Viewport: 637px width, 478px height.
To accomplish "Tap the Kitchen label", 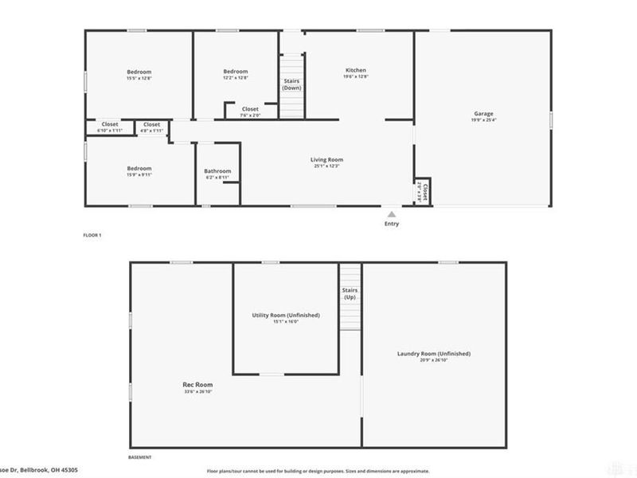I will coord(355,70).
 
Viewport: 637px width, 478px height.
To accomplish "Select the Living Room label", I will coord(326,160).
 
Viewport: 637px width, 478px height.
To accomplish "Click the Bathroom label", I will coord(217,170).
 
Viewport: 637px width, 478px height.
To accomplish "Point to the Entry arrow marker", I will coord(391,214).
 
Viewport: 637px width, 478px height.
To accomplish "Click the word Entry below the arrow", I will coord(391,224).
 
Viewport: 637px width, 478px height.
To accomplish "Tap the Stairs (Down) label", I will coord(291,84).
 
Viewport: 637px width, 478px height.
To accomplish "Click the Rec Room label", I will coord(198,385).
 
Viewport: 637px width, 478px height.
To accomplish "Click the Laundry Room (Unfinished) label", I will coord(434,354).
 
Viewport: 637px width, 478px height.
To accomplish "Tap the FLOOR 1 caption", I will coord(92,235).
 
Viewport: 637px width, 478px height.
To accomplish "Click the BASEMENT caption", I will coord(139,457).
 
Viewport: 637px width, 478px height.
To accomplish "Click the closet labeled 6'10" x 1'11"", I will coord(109,130).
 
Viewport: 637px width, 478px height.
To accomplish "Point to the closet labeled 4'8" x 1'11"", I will coord(151,130).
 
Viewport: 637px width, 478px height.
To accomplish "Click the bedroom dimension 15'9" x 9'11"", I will coord(139,176).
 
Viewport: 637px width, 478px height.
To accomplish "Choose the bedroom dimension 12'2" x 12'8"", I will coord(235,78).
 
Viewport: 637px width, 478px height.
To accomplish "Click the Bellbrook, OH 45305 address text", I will coord(48,472).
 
